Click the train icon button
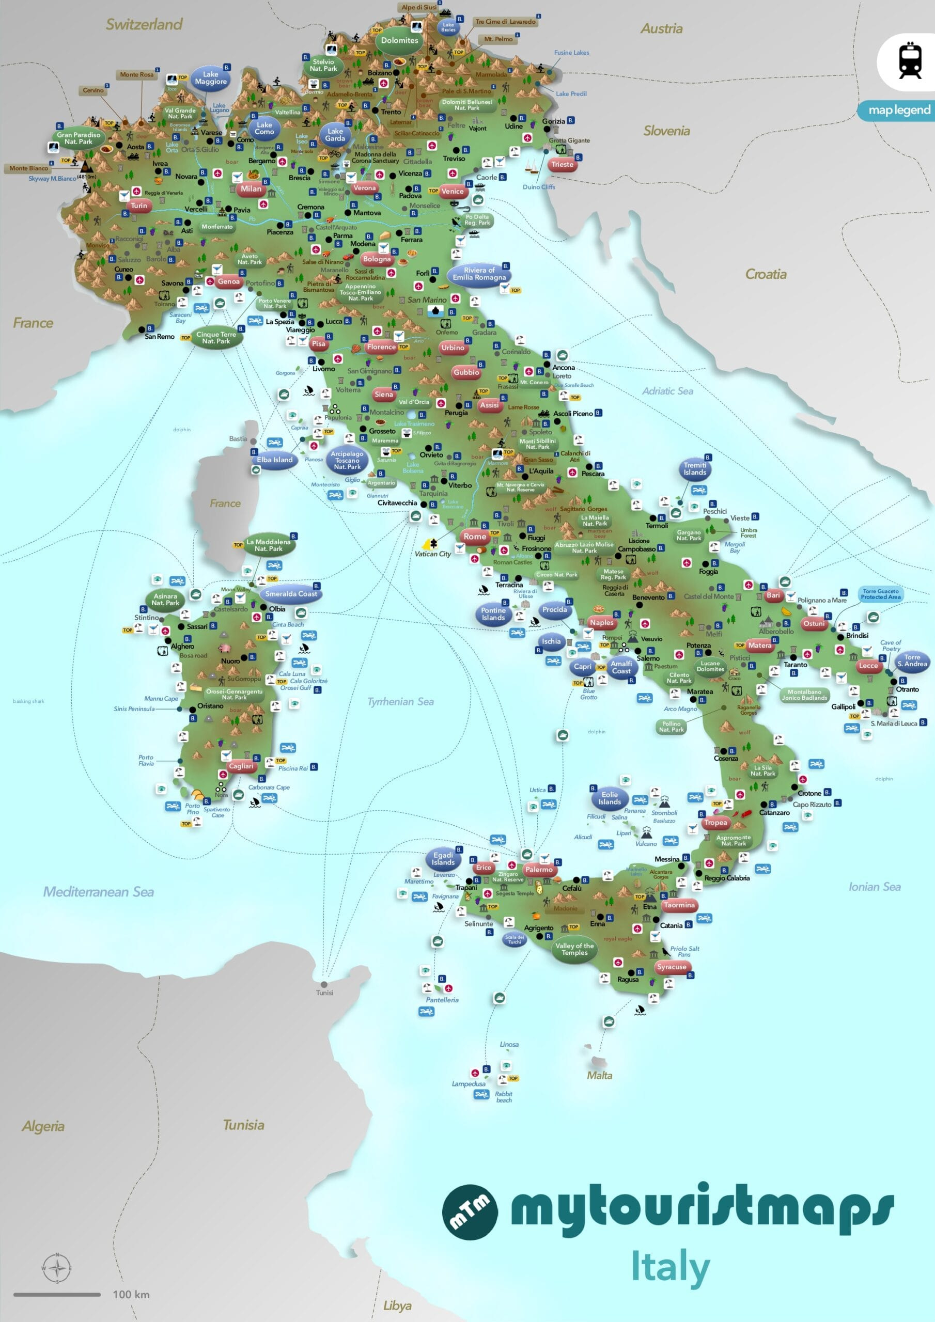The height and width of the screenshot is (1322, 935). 910,60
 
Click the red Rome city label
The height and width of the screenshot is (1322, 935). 475,536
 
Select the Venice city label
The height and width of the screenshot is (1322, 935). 452,191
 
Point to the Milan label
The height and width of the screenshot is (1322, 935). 251,188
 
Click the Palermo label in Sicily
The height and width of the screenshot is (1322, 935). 539,870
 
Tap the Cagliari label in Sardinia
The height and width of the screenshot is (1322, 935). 241,766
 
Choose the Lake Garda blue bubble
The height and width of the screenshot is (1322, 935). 335,135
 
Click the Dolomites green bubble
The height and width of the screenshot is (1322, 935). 399,40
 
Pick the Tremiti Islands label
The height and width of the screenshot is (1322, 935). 695,469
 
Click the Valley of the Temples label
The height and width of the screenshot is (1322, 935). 574,949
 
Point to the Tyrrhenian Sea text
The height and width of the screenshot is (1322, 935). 400,701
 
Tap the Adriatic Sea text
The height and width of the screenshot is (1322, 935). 668,391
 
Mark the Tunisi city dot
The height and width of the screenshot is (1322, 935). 324,984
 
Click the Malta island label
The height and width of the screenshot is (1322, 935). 599,1075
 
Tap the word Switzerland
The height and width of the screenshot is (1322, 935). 144,24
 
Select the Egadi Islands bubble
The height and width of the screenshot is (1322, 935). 443,858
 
